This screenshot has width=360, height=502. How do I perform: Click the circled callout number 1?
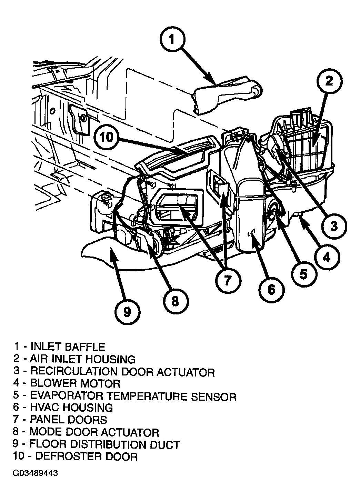click(x=173, y=40)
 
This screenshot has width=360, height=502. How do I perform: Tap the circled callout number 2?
click(x=329, y=81)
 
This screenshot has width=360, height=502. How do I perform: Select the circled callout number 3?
click(x=334, y=225)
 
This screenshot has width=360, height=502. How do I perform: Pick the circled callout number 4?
click(x=326, y=257)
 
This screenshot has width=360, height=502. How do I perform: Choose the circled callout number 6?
click(x=271, y=290)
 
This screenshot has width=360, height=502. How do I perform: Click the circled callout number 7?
click(x=228, y=280)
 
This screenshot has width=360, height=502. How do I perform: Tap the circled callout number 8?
click(x=175, y=301)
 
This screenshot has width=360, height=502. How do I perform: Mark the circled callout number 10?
click(x=107, y=137)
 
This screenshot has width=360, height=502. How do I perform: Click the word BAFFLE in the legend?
click(x=85, y=347)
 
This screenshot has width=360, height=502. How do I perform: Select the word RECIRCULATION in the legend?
click(x=73, y=372)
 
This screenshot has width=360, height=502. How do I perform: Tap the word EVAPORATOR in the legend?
click(x=66, y=396)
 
